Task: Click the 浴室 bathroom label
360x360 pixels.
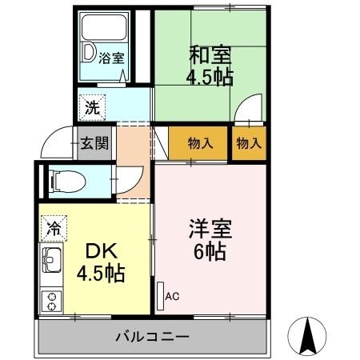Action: tap(111, 58)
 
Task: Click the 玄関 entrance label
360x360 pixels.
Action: tap(95, 145)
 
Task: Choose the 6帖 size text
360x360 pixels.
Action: tap(210, 253)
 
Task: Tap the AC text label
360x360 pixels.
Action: tap(172, 297)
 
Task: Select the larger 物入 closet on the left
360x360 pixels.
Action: tap(200, 144)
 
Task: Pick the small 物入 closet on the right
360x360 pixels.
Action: tap(249, 144)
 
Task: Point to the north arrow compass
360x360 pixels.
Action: tap(309, 335)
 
